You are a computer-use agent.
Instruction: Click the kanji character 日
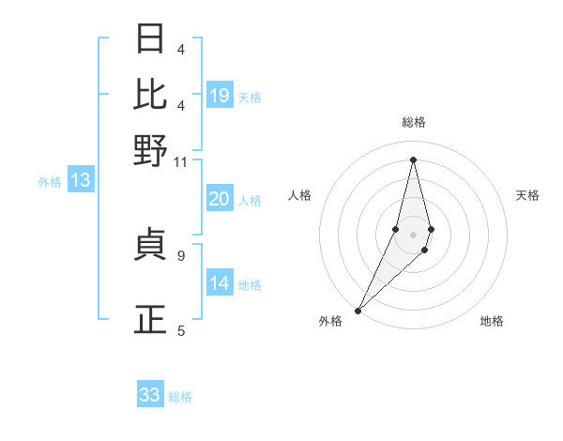[x=151, y=39]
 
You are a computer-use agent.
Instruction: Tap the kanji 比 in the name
[x=151, y=94]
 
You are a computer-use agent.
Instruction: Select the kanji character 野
[x=151, y=150]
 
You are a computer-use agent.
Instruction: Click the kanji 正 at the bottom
[x=151, y=320]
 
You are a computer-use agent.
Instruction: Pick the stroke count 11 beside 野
[x=181, y=161]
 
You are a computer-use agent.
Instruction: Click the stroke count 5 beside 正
[x=181, y=330]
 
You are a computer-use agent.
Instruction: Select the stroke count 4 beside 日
[x=181, y=49]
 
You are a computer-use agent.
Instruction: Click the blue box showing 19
[x=220, y=95]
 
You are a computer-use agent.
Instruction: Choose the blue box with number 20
[x=220, y=199]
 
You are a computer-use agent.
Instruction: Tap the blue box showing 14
[x=220, y=283]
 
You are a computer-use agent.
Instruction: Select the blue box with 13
[x=81, y=180]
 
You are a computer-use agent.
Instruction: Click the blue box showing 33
[x=150, y=395]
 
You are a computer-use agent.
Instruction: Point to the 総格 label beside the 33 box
[x=181, y=397]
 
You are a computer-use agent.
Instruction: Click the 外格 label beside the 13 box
[x=49, y=182]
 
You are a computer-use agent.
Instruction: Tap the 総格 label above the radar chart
[x=413, y=122]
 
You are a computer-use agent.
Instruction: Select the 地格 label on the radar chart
[x=492, y=321]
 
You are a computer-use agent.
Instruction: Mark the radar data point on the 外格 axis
[x=358, y=310]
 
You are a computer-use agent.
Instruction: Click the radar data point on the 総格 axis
[x=413, y=160]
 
